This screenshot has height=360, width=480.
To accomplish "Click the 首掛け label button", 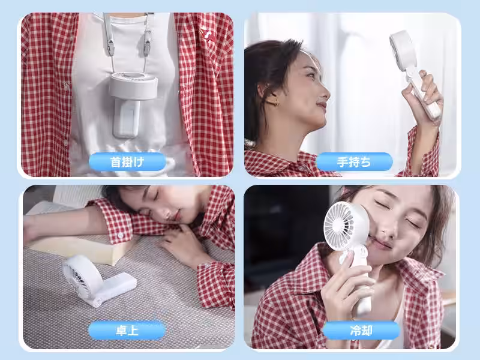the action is pyautogui.click(x=127, y=161).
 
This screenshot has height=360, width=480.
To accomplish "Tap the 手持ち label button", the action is pyautogui.click(x=354, y=161).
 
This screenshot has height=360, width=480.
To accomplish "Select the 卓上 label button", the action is pyautogui.click(x=127, y=331).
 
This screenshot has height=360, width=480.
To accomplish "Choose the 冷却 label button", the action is pyautogui.click(x=361, y=331).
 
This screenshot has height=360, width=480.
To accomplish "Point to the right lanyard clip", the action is pyautogui.click(x=147, y=46).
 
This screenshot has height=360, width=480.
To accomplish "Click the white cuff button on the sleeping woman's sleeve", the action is pyautogui.click(x=121, y=235).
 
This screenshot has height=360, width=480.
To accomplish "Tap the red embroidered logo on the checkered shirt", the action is pyautogui.click(x=207, y=34).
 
